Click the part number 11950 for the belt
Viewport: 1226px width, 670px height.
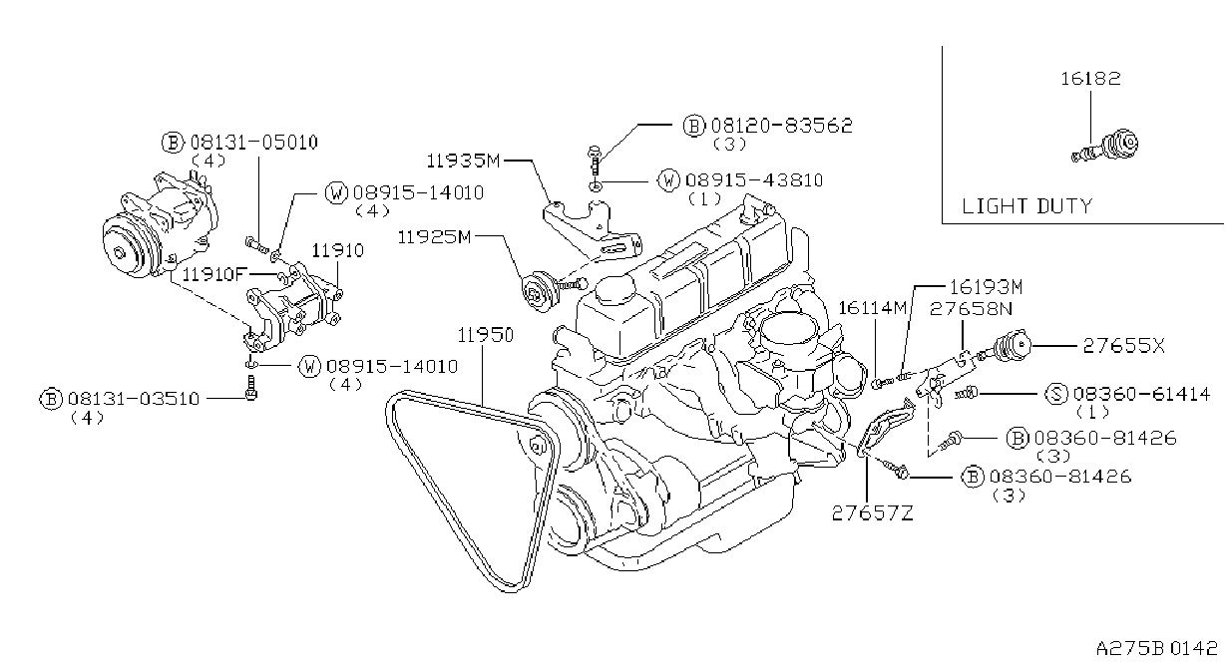(x=485, y=335)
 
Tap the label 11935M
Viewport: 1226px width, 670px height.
(x=463, y=161)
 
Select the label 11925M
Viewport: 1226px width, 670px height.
(x=434, y=237)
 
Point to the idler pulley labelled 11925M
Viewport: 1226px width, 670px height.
(x=539, y=294)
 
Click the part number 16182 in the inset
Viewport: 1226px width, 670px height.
(x=1090, y=79)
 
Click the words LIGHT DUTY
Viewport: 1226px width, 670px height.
(x=1026, y=206)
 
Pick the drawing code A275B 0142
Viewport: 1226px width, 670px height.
(x=1156, y=648)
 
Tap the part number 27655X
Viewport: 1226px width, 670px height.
(x=1123, y=346)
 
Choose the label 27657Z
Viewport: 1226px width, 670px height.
(x=872, y=513)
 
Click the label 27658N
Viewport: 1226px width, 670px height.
(x=971, y=309)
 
